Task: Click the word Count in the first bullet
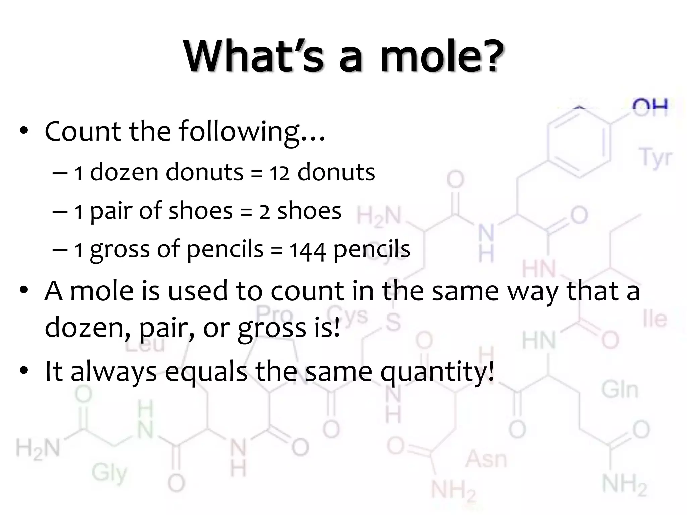pos(83,131)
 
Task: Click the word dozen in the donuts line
pos(124,172)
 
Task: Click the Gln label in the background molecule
pos(619,390)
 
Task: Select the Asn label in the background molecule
pos(485,459)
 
